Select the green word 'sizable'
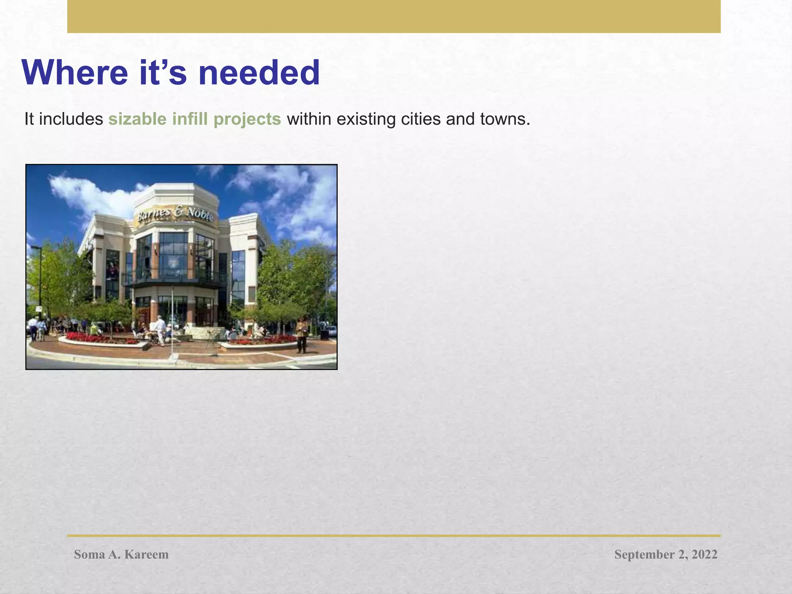[x=137, y=119]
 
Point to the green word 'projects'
[x=247, y=119]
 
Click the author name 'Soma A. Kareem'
[x=121, y=554]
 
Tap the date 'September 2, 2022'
[x=666, y=554]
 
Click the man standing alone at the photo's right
[x=302, y=334]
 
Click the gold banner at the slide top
[x=394, y=16]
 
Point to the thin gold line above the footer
[x=394, y=536]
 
